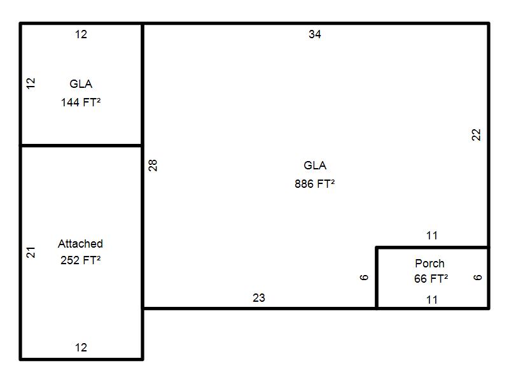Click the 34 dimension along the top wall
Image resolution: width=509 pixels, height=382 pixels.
pos(315,34)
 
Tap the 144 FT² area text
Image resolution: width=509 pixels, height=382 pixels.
pos(81,102)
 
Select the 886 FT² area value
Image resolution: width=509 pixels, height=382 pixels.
pos(315,184)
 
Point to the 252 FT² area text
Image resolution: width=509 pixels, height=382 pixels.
pos(81,260)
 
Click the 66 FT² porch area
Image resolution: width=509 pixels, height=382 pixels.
pos(431,278)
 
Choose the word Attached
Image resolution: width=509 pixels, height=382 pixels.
pos(80,244)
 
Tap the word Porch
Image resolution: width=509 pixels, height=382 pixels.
pos(429,263)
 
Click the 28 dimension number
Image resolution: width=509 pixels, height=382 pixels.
pos(153,166)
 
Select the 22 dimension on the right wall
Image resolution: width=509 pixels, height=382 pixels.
pos(477,135)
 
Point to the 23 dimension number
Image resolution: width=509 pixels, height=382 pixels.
pos(259,298)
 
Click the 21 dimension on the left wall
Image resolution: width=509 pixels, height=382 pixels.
pos(31,252)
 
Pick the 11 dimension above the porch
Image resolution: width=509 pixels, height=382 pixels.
pos(432,236)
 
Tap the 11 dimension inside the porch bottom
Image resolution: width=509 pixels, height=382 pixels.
pos(432,299)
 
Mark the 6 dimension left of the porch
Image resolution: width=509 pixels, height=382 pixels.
pos(365,278)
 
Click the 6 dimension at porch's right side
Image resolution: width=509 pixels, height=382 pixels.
pos(478,278)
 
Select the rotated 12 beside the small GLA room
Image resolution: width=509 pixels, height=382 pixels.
pos(31,83)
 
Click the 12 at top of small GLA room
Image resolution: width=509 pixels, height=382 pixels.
pos(81,34)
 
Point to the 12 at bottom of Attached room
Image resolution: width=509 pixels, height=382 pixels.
pos(81,348)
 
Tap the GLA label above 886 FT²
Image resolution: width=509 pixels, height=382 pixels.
pos(315,166)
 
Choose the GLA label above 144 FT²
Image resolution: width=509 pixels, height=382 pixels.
pos(81,84)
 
